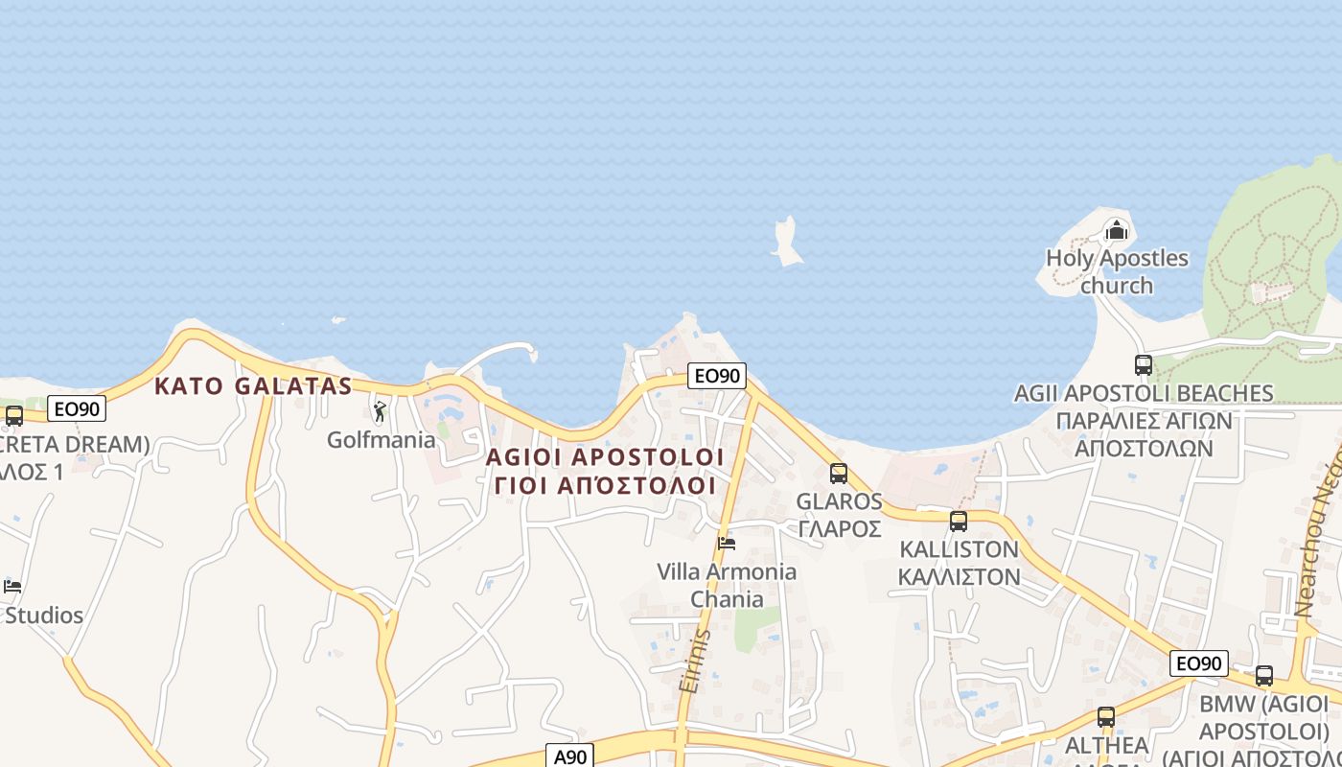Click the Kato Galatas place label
(253, 386)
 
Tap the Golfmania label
(381, 440)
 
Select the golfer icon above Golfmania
(380, 412)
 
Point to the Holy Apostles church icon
(1116, 230)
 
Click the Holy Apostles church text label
(1117, 271)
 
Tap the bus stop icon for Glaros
(839, 473)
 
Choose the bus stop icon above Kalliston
(958, 522)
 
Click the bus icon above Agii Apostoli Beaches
(1143, 364)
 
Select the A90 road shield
(570, 755)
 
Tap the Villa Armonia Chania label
(727, 585)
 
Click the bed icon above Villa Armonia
(727, 544)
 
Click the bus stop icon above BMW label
(1264, 675)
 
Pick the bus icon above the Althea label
(1106, 717)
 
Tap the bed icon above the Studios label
(12, 586)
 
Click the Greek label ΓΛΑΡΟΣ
(839, 528)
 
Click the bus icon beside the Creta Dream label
(13, 416)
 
